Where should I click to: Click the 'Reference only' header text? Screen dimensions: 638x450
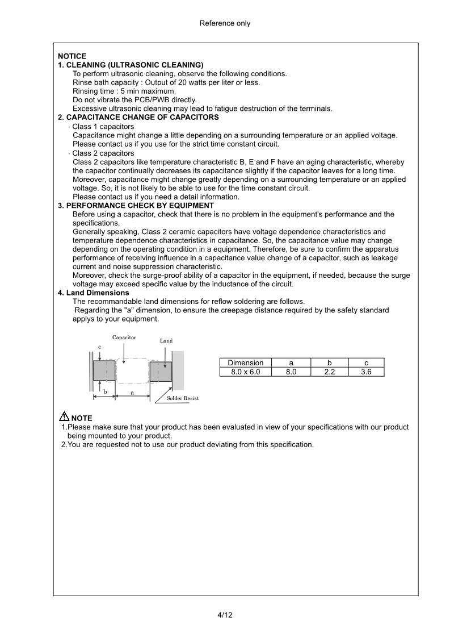pyautogui.click(x=225, y=23)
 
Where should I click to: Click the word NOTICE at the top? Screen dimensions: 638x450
pyautogui.click(x=72, y=56)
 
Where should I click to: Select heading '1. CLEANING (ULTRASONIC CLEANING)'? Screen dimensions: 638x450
pyautogui.click(x=131, y=65)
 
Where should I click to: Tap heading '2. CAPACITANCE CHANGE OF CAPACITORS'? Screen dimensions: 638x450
pyautogui.click(x=138, y=117)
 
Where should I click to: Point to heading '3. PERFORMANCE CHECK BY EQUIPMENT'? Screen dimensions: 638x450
pyautogui.click(x=136, y=205)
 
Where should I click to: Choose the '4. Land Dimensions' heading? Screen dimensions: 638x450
pyautogui.click(x=93, y=293)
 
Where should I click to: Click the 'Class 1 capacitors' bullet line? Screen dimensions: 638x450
pyautogui.click(x=103, y=126)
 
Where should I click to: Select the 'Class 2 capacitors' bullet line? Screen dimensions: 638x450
pyautogui.click(x=103, y=153)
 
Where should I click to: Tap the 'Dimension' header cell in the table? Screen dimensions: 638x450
pyautogui.click(x=245, y=362)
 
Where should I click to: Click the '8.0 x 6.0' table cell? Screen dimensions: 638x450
pyautogui.click(x=245, y=372)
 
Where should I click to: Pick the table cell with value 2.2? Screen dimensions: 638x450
pyautogui.click(x=329, y=372)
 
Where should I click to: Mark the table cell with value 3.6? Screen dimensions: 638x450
pyautogui.click(x=366, y=372)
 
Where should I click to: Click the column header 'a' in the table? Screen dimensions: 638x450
pyautogui.click(x=291, y=362)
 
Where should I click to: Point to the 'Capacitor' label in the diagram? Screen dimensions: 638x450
pyautogui.click(x=124, y=337)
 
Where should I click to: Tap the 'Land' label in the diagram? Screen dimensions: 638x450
pyautogui.click(x=166, y=341)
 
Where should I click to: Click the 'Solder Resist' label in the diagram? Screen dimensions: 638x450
pyautogui.click(x=182, y=398)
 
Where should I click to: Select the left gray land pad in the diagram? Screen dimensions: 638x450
pyautogui.click(x=104, y=371)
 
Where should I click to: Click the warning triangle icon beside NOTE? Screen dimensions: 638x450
pyautogui.click(x=64, y=416)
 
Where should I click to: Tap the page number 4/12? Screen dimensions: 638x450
pyautogui.click(x=225, y=615)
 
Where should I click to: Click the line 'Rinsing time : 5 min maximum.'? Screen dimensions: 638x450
pyautogui.click(x=124, y=91)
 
